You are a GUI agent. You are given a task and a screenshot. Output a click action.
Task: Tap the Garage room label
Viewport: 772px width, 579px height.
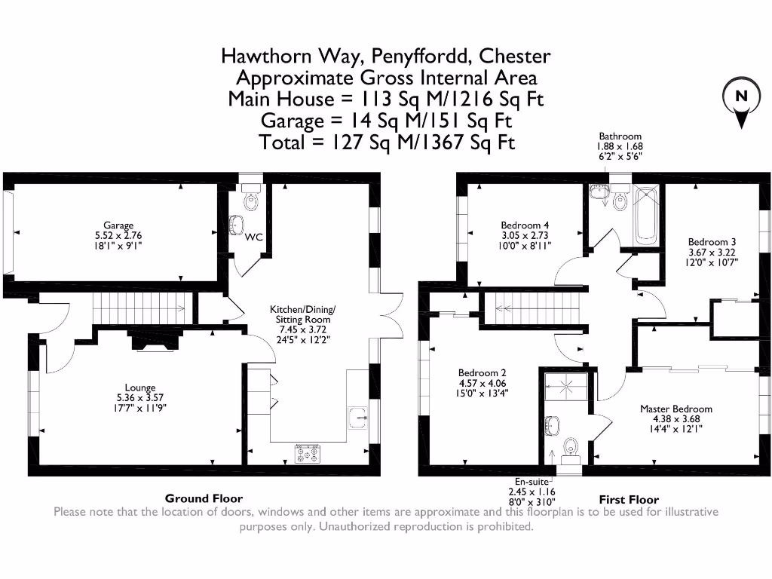pos(118,225)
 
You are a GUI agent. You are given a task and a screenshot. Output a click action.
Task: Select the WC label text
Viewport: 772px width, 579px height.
pos(254,237)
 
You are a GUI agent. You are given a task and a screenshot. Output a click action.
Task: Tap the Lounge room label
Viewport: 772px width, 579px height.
pos(140,388)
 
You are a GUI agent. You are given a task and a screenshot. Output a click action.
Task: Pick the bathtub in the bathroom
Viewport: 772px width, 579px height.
pos(645,215)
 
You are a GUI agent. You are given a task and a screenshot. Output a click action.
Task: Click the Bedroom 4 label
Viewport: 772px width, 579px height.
pos(525,225)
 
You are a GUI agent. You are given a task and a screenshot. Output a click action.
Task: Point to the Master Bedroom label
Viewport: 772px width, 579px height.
pos(675,409)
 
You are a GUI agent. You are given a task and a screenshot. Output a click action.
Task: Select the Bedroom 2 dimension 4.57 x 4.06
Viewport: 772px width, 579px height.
pos(482,382)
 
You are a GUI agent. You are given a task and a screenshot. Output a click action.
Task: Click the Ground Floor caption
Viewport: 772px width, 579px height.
pos(204,498)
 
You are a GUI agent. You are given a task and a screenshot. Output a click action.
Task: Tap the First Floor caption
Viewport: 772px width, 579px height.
pos(629,499)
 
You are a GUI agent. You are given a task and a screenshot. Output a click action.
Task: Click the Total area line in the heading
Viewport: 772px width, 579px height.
pos(386,142)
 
